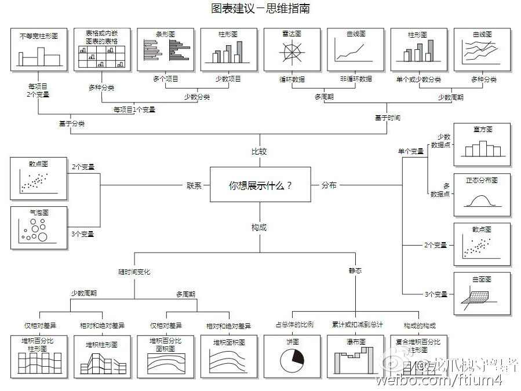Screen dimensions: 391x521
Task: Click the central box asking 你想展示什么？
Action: click(x=260, y=185)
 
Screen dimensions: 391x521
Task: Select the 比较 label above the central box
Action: click(x=259, y=152)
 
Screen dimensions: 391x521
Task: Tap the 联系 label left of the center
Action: click(x=194, y=186)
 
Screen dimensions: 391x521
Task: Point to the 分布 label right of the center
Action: click(x=329, y=185)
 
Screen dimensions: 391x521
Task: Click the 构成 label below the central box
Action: click(x=259, y=228)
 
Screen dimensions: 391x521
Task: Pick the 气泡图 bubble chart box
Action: click(x=39, y=228)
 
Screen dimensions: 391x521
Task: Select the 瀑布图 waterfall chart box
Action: click(x=355, y=355)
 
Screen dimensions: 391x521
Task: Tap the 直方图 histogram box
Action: click(x=482, y=144)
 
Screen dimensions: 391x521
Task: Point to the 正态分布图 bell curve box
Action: click(x=482, y=194)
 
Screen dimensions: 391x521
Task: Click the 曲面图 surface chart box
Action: click(x=482, y=294)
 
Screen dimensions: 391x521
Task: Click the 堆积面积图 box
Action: click(x=229, y=355)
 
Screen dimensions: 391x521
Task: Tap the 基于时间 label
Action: click(x=387, y=118)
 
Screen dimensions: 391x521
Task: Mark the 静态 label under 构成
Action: click(x=355, y=271)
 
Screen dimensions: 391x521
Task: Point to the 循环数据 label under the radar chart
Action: click(x=292, y=79)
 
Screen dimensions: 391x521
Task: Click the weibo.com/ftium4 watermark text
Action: click(x=439, y=380)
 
